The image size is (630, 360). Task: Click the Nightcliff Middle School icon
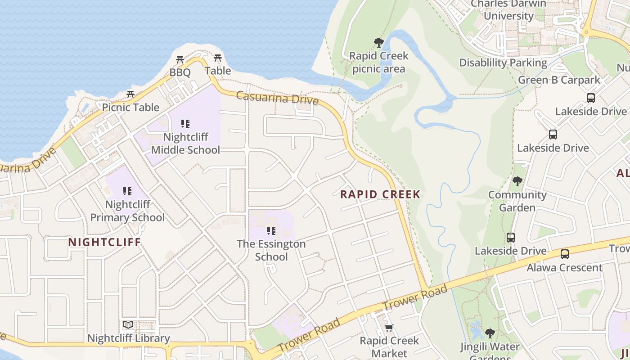tap(185, 124)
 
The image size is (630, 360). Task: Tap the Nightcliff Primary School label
tap(127, 211)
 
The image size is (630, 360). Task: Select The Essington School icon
tap(271, 231)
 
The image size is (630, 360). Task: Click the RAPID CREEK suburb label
tap(380, 194)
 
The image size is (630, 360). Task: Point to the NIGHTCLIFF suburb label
tap(104, 242)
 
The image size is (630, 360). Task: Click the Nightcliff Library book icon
tap(128, 324)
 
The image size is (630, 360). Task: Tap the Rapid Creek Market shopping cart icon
tap(389, 328)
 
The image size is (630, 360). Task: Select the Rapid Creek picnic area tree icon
tap(379, 43)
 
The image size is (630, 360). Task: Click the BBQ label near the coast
tap(180, 72)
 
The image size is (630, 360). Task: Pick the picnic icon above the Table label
tap(218, 58)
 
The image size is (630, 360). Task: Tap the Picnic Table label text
tap(130, 107)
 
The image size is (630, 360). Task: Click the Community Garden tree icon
tap(517, 181)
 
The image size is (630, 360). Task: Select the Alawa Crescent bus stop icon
tap(564, 254)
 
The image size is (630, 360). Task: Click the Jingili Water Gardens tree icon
tap(490, 333)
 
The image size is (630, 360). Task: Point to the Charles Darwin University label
tap(508, 9)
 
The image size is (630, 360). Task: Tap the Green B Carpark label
tap(559, 80)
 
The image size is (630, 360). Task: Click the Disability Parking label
tap(503, 63)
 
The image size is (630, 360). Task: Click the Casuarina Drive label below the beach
tap(277, 98)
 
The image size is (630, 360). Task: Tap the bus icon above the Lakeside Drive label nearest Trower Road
tap(510, 238)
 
